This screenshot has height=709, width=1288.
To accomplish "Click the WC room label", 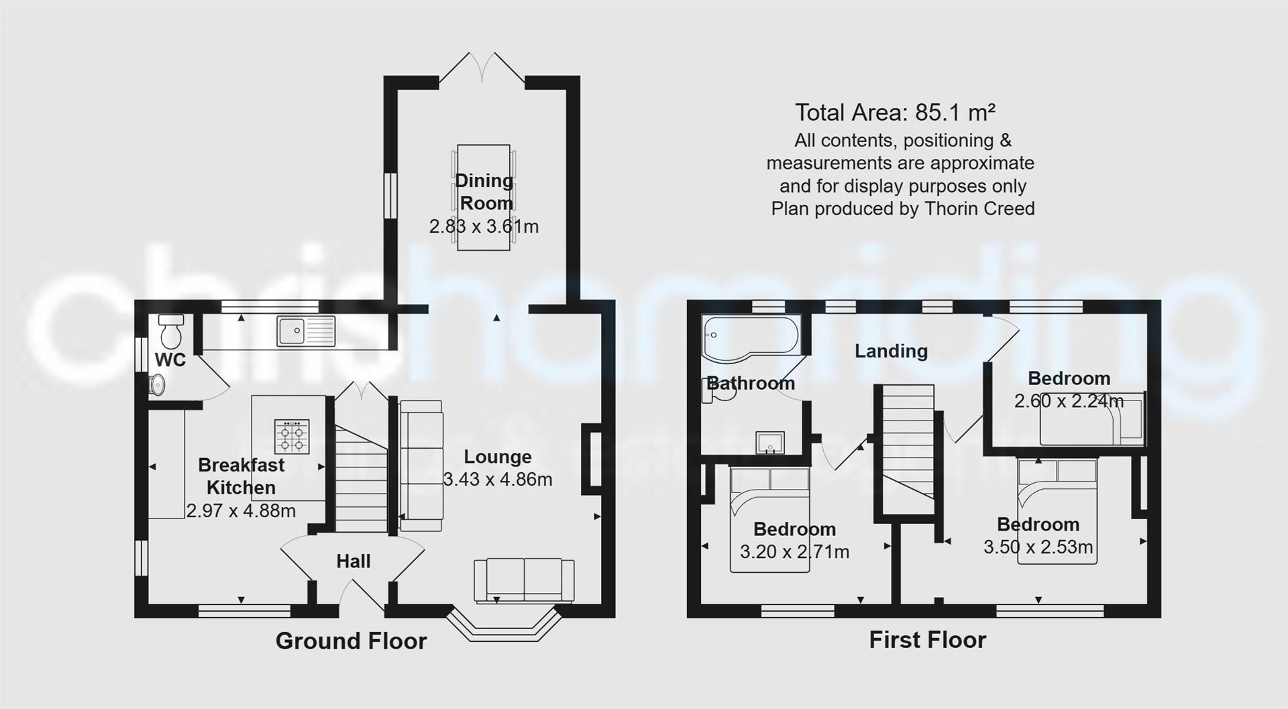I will pos(170,360).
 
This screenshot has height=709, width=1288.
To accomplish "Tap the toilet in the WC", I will pos(171,329).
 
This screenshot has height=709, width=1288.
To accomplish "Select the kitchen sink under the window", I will pos(305,331).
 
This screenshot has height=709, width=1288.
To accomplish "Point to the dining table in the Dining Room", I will pos(484,197).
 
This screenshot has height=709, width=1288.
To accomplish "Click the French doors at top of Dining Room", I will pos(482,68).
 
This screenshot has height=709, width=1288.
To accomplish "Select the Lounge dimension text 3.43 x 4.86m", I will pos(498,480).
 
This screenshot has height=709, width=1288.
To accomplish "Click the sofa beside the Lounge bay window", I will pos(524,580).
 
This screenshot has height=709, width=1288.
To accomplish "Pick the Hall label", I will pos(353,561).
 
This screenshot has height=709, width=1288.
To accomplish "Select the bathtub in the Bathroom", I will pos(750,337).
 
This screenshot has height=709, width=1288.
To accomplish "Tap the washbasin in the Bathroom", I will pos(770,443).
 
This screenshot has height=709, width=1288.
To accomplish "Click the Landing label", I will pos(891,351).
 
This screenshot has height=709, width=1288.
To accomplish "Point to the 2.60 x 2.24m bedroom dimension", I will pos(1068,401).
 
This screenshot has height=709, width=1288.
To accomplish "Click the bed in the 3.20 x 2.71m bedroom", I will pos(770,520).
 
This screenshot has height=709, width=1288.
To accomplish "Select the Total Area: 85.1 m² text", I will pos(895,112).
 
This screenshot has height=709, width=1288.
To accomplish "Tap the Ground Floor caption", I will pos(351,641).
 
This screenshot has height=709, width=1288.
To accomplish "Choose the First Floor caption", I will pos(927,640).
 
